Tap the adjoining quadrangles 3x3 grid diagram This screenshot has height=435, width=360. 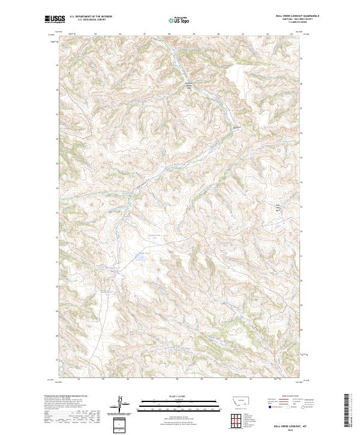(236, 418)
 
